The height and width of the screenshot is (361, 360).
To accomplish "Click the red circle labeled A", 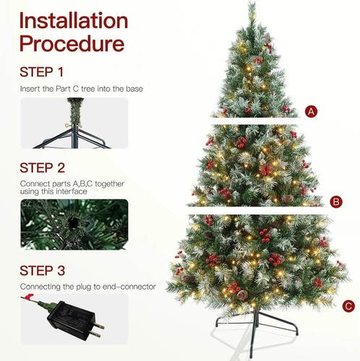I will [x=312, y=112].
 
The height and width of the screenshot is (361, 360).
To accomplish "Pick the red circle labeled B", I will [x=335, y=201].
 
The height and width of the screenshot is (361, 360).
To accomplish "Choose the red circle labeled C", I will [x=349, y=306].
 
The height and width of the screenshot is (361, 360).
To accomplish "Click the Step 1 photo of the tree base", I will [x=74, y=123].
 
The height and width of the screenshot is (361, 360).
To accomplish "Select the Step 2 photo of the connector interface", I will [x=74, y=225].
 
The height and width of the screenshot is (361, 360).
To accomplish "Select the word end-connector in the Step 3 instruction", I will [x=130, y=287].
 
